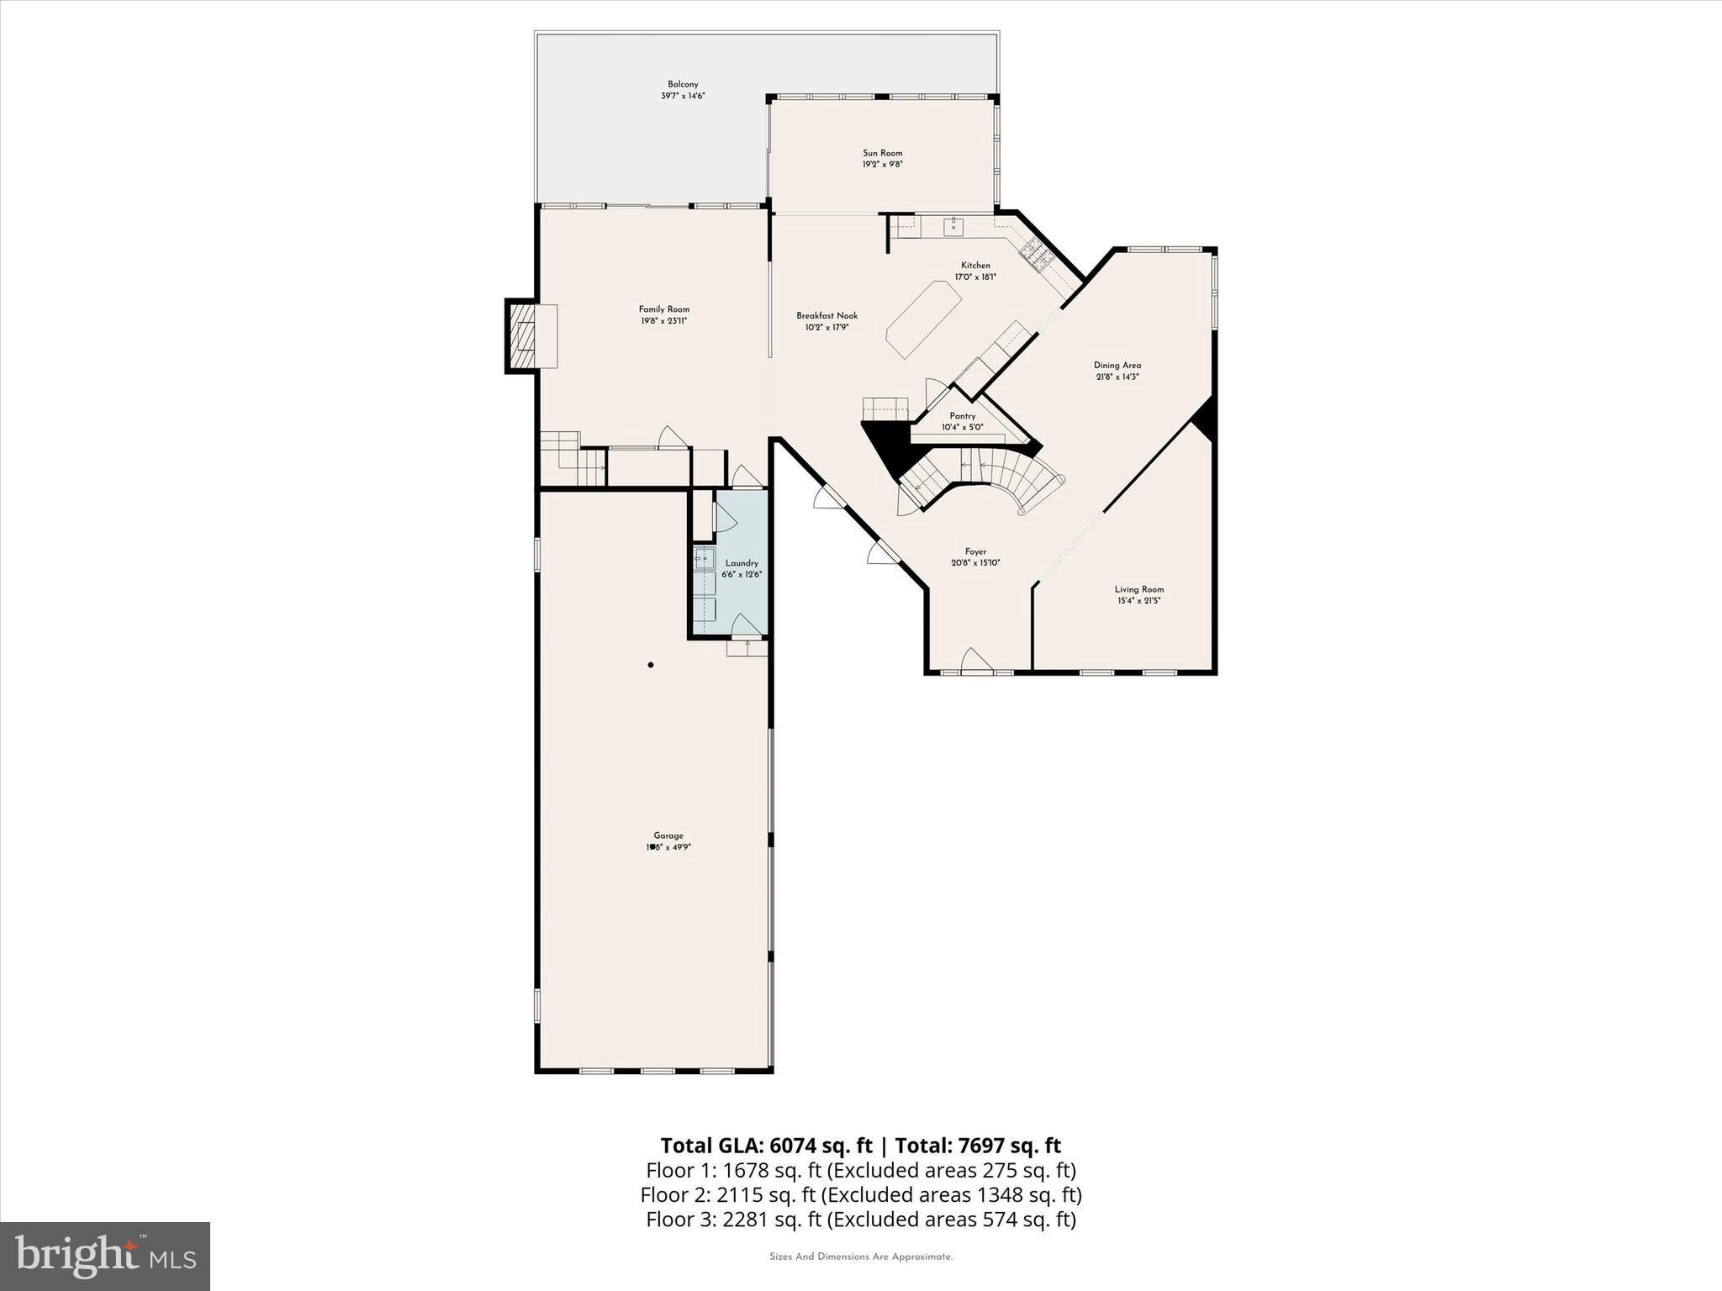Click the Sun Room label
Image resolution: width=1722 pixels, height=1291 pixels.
click(882, 153)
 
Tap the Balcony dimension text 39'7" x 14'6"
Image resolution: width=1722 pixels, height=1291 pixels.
click(682, 96)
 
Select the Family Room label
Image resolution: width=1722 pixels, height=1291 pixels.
click(663, 309)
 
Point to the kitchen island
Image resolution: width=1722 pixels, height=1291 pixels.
click(923, 320)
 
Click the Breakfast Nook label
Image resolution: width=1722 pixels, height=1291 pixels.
click(827, 316)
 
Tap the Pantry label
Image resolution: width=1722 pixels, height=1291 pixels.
click(962, 416)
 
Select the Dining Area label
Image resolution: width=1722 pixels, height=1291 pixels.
click(1117, 366)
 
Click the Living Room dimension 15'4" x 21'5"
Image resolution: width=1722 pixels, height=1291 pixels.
click(1138, 601)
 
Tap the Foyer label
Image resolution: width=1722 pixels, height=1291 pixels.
click(975, 552)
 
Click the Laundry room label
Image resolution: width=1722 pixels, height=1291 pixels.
click(742, 563)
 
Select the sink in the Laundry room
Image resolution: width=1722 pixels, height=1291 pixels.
click(703, 558)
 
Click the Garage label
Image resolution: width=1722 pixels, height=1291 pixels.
click(668, 835)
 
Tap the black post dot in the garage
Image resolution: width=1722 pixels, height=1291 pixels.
click(651, 665)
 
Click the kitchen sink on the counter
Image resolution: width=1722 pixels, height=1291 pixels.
click(953, 225)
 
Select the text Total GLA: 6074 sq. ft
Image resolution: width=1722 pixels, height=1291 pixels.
click(769, 1146)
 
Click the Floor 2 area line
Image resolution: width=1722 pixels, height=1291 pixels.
click(860, 1194)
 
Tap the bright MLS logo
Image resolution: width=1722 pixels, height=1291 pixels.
click(105, 1257)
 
